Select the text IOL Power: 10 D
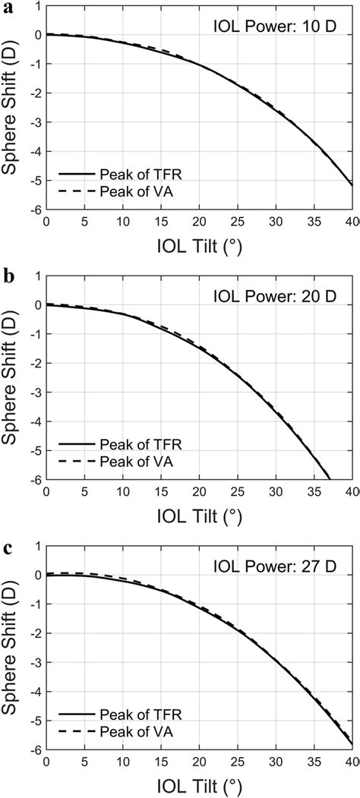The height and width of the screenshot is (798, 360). point(282,24)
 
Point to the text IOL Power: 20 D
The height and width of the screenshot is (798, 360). point(282,291)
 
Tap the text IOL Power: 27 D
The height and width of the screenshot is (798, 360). point(282,557)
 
